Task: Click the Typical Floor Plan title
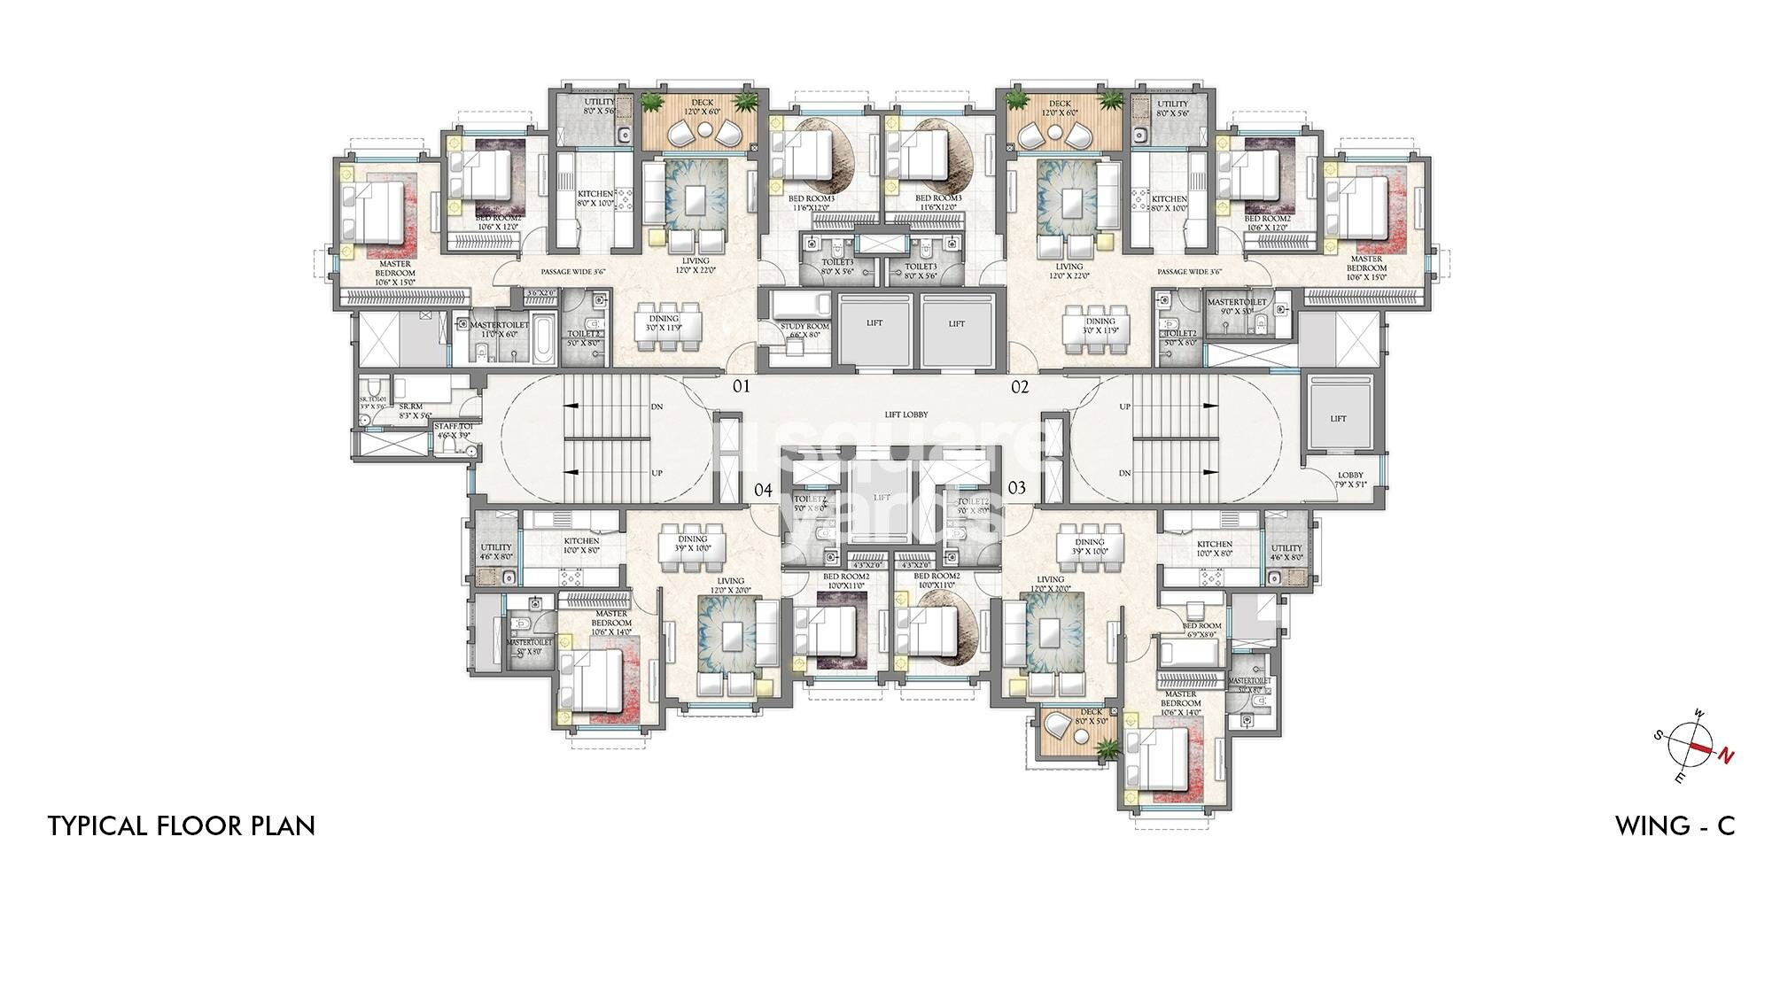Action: (x=182, y=826)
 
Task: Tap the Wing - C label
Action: (x=1675, y=826)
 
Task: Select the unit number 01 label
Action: (x=741, y=387)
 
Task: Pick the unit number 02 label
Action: (x=1021, y=387)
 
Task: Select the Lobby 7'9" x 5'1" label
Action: (x=1350, y=479)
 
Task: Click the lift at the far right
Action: (x=1338, y=418)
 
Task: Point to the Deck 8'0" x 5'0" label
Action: (x=1091, y=716)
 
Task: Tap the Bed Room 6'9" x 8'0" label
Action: (x=1201, y=630)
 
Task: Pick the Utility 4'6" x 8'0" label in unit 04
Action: (x=496, y=552)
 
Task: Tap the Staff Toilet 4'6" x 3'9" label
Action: (x=454, y=430)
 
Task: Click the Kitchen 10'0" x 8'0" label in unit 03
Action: (x=1214, y=548)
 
